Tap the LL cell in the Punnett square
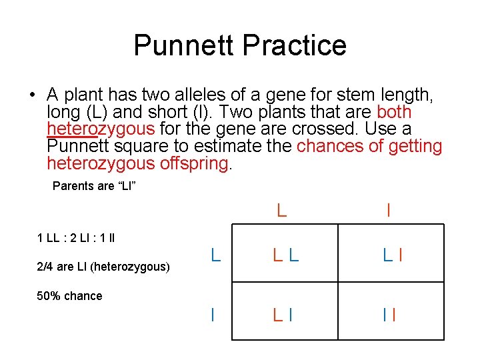coord(283,254)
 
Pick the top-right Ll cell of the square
coord(391,254)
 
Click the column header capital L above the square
coord(282,211)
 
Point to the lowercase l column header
coord(388,211)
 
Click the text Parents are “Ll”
coord(94,186)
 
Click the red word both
coord(394,112)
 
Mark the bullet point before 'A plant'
coord(32,95)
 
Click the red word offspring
coord(194,163)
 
